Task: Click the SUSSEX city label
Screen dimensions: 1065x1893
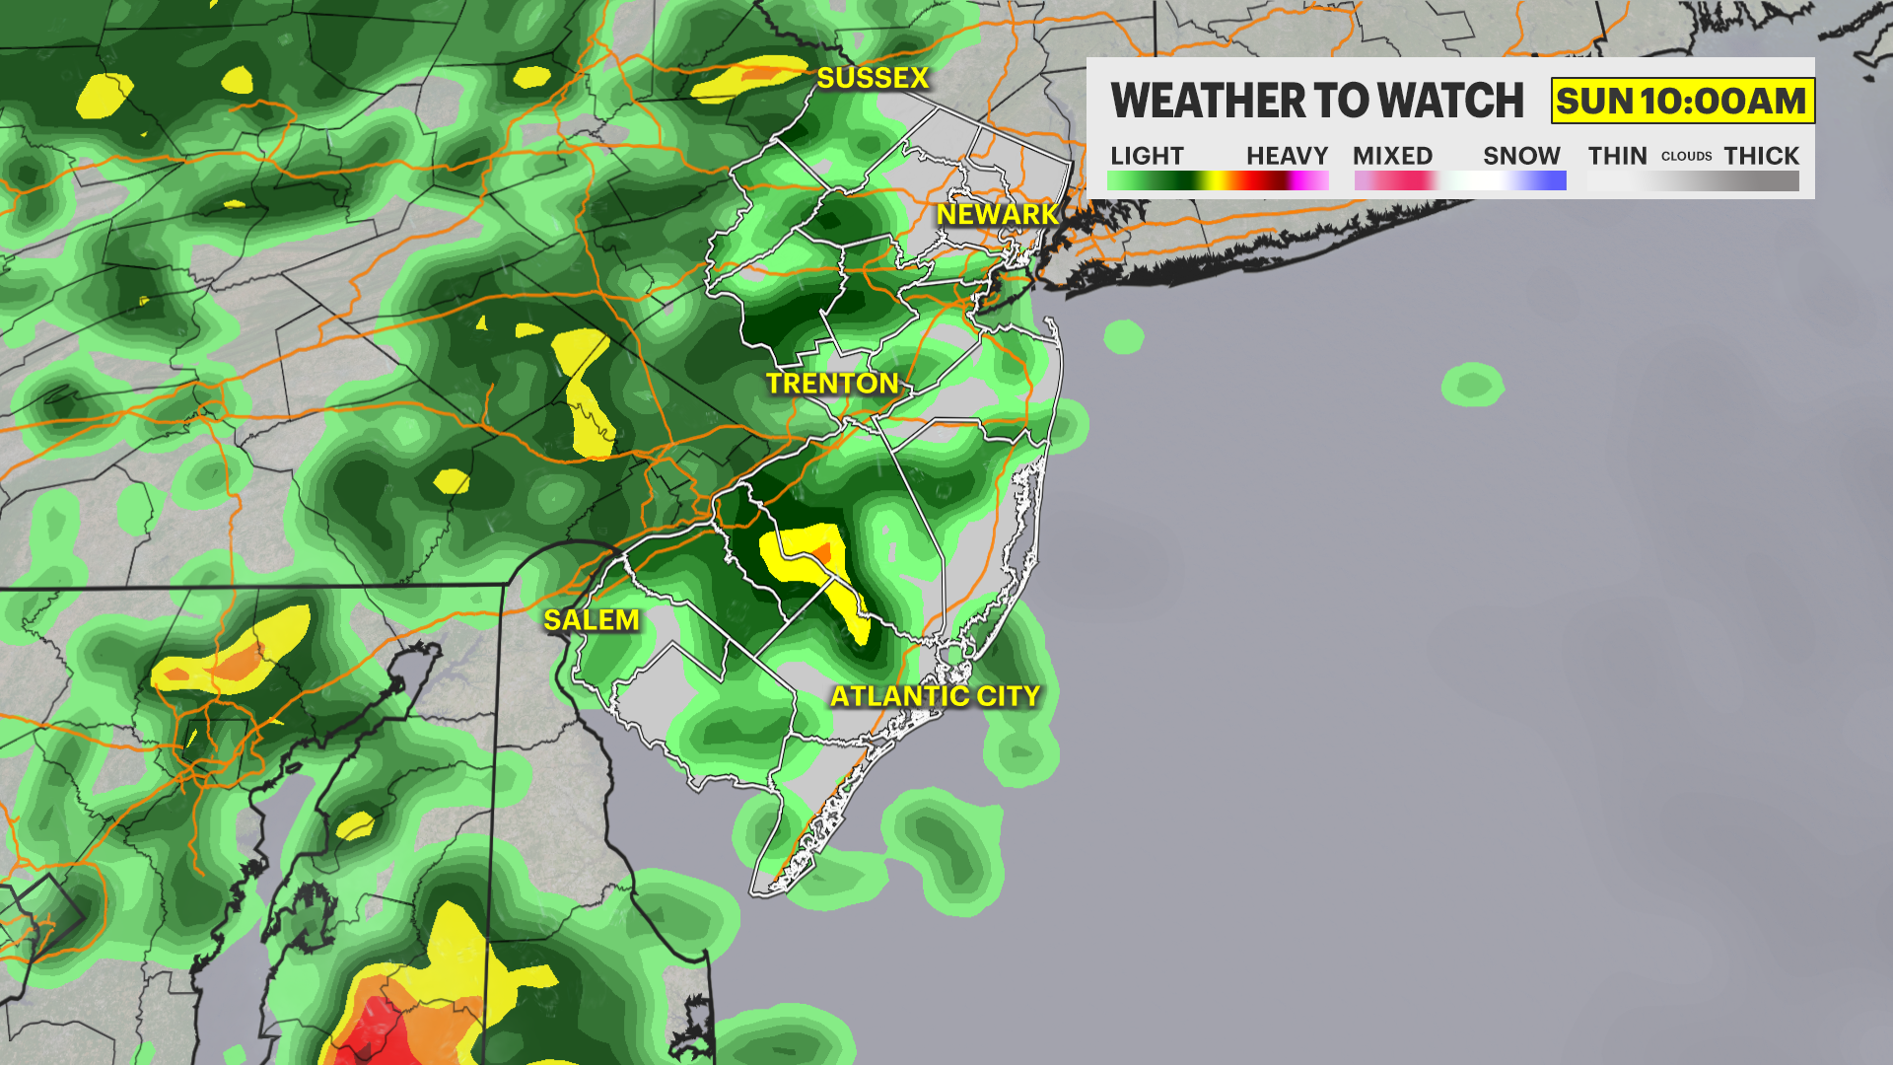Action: click(x=873, y=78)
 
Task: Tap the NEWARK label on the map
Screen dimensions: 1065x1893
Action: click(x=997, y=214)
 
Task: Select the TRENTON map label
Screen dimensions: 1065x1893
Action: click(x=832, y=384)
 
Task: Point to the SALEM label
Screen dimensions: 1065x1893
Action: click(x=592, y=620)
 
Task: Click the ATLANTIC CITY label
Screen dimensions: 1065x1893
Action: click(x=935, y=696)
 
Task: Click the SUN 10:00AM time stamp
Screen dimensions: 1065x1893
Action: click(x=1682, y=101)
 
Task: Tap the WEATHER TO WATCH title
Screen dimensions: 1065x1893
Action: click(x=1317, y=101)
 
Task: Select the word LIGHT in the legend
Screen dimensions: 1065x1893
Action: click(x=1147, y=156)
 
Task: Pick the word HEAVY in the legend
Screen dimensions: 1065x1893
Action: click(x=1287, y=156)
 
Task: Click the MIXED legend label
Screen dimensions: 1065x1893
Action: click(x=1392, y=156)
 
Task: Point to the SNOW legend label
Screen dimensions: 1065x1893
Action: click(x=1521, y=156)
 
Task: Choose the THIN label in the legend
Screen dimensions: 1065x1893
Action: click(x=1617, y=156)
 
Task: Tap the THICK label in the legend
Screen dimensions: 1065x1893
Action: click(x=1761, y=156)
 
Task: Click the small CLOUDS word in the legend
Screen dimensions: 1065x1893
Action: click(x=1686, y=157)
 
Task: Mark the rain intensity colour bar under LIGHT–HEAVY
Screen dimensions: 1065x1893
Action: click(x=1218, y=180)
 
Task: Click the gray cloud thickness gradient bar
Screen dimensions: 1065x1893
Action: click(x=1693, y=180)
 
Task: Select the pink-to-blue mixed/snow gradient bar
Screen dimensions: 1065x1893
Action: click(x=1460, y=180)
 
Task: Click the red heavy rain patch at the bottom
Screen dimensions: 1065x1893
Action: click(x=376, y=1030)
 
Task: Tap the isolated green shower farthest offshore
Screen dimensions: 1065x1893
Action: click(x=1472, y=385)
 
